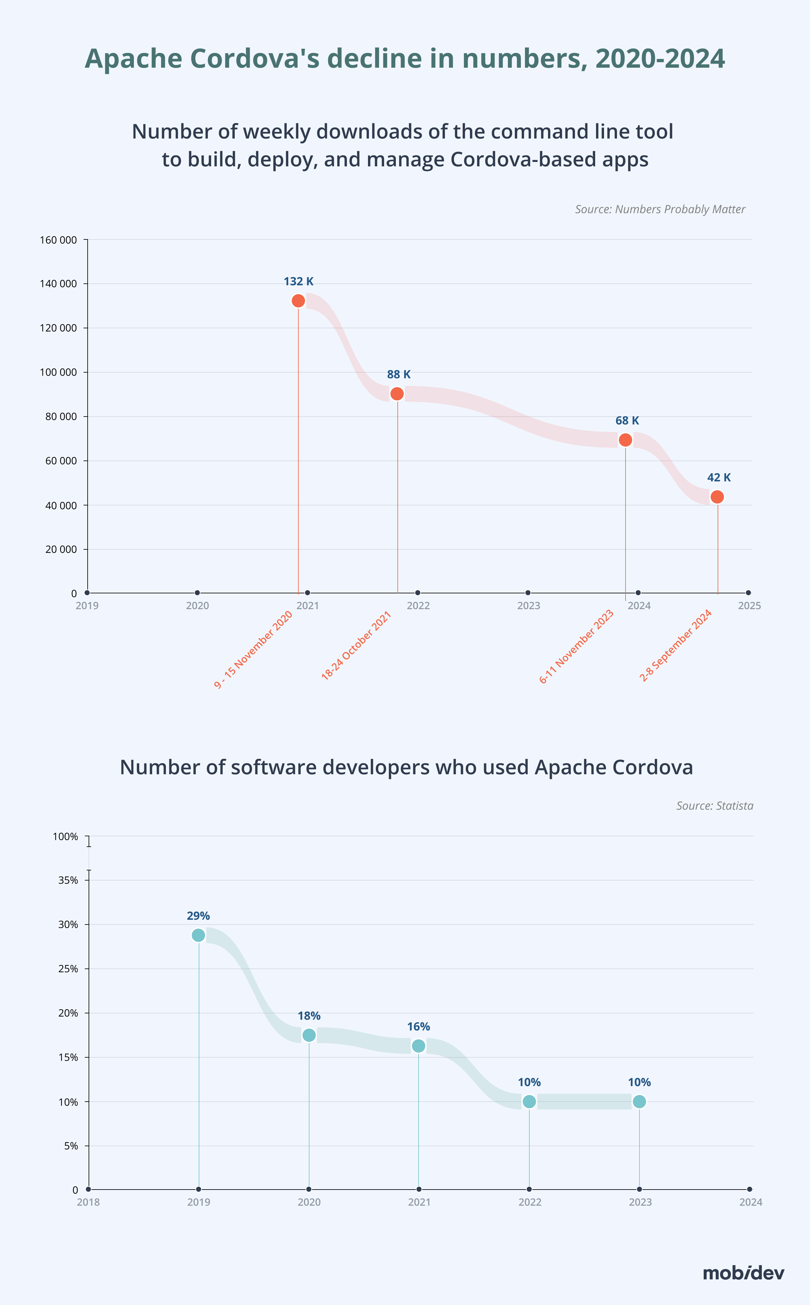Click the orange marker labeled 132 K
(x=298, y=301)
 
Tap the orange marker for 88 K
(x=397, y=393)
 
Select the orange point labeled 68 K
(x=625, y=440)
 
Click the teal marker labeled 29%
(x=198, y=935)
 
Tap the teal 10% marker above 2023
(x=639, y=1102)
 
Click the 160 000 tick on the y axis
(x=59, y=240)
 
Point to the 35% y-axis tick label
(x=68, y=880)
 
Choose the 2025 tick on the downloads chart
(x=749, y=606)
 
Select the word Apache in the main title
(x=134, y=59)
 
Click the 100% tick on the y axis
(x=65, y=837)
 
